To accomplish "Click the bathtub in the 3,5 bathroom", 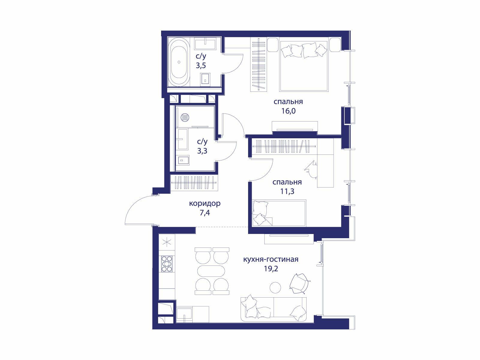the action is [x=179, y=62].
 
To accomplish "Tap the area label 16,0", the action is [x=288, y=111].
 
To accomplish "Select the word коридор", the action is [x=205, y=204].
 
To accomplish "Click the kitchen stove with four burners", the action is [x=166, y=264].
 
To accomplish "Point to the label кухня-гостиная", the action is [x=271, y=259].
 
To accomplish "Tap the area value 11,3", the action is [x=287, y=191].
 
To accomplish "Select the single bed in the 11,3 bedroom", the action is [x=279, y=213].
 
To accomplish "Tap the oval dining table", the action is [x=211, y=271].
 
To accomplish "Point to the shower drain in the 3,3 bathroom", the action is [x=184, y=117].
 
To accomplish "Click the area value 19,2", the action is [x=271, y=268].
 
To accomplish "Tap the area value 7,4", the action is [x=205, y=213].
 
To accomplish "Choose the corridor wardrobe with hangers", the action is [x=194, y=183].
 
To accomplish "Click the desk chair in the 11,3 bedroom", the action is [x=311, y=169].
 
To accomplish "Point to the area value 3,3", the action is [x=202, y=151].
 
